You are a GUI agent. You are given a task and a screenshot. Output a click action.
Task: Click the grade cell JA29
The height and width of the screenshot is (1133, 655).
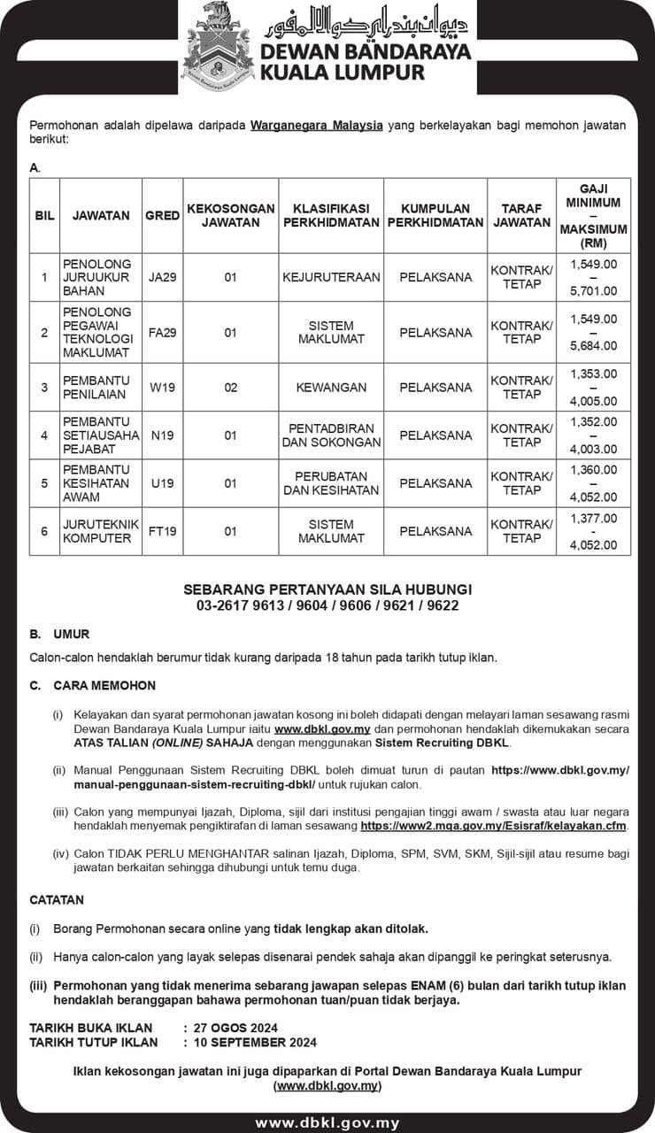tap(163, 277)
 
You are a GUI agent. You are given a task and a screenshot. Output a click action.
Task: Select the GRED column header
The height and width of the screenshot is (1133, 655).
tap(163, 215)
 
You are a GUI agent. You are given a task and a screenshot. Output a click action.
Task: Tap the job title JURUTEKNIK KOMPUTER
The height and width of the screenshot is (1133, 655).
tap(101, 531)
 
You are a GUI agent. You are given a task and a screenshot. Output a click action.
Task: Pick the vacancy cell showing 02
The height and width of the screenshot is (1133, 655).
tap(230, 388)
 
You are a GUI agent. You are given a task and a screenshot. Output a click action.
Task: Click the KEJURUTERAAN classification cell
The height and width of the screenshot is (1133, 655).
tap(331, 277)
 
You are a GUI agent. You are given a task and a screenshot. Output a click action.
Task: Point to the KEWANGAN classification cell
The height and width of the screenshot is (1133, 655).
tap(331, 388)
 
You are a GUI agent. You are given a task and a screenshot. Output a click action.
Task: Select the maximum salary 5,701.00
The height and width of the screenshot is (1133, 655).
tap(594, 290)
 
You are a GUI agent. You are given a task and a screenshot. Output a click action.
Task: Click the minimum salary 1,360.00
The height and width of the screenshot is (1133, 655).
tap(594, 470)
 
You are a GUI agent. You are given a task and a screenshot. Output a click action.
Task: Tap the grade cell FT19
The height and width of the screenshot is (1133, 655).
tap(163, 531)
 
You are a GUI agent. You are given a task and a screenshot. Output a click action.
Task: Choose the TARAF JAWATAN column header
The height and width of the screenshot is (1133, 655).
tap(521, 215)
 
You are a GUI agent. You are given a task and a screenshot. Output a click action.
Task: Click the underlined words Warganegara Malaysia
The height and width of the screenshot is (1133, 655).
tap(317, 126)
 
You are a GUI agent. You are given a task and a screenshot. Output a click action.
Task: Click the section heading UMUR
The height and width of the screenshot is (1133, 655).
tap(71, 635)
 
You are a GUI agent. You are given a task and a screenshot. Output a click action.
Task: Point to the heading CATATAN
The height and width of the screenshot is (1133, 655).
tap(57, 899)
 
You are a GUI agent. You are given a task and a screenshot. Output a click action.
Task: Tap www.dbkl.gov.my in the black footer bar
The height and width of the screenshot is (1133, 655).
tap(327, 1122)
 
